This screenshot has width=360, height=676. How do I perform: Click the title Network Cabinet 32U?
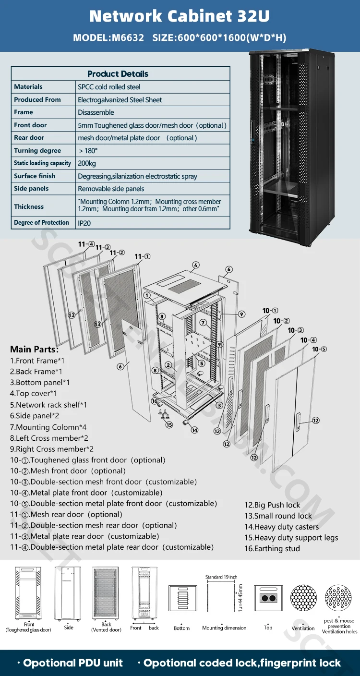[180, 16]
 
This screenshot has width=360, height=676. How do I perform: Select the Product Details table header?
[118, 73]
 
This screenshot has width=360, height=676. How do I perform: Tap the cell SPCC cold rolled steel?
[109, 87]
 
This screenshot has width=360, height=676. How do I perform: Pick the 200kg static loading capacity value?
[87, 163]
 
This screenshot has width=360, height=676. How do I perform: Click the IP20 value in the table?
[84, 223]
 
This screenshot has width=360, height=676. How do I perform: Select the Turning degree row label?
[37, 150]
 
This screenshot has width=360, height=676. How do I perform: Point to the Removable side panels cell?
[111, 189]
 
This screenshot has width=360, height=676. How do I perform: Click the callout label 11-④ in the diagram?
[86, 244]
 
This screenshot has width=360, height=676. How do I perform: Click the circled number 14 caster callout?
[194, 430]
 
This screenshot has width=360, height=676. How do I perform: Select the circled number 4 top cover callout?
[196, 265]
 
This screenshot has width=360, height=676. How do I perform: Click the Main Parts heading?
[34, 349]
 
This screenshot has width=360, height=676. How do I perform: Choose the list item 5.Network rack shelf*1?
[48, 405]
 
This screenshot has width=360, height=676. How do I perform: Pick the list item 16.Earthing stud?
[272, 548]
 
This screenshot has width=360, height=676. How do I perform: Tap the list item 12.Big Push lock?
[272, 505]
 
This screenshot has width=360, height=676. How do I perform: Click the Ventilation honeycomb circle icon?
[303, 598]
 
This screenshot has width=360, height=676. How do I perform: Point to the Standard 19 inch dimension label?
[221, 577]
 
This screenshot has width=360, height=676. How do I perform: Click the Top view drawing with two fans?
[268, 598]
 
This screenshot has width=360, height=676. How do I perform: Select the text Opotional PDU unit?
[73, 663]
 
